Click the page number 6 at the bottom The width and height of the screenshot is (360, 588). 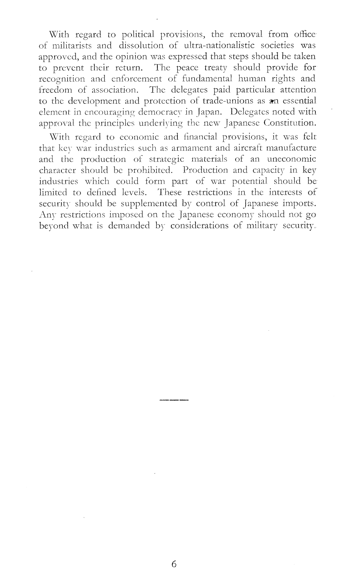[x=174, y=564]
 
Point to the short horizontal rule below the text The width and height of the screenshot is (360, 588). [x=174, y=400]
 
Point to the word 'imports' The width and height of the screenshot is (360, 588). [x=297, y=203]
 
